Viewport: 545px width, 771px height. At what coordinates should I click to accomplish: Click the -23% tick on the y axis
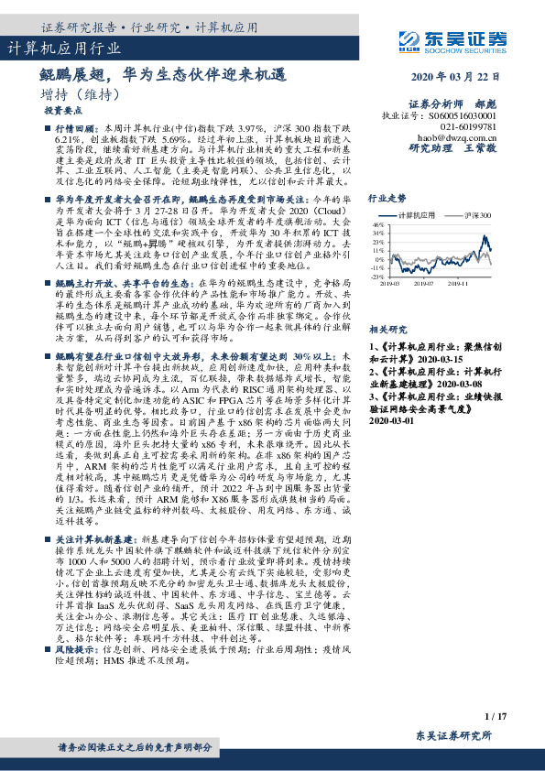[377, 276]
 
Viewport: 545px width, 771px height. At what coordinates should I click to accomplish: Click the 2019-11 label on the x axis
[459, 284]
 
